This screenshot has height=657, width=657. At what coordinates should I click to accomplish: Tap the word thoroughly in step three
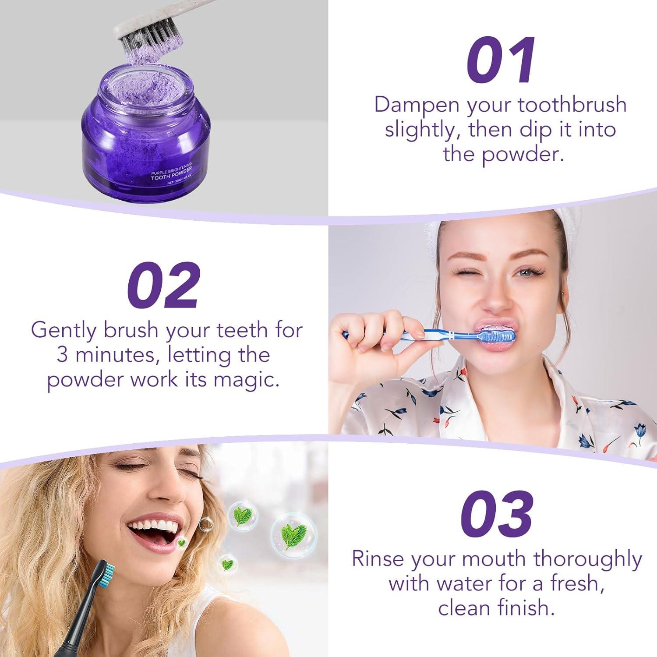[x=587, y=560]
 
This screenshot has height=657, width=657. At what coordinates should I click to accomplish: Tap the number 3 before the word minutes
[x=62, y=355]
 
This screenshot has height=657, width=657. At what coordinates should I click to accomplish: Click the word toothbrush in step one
[x=572, y=106]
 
